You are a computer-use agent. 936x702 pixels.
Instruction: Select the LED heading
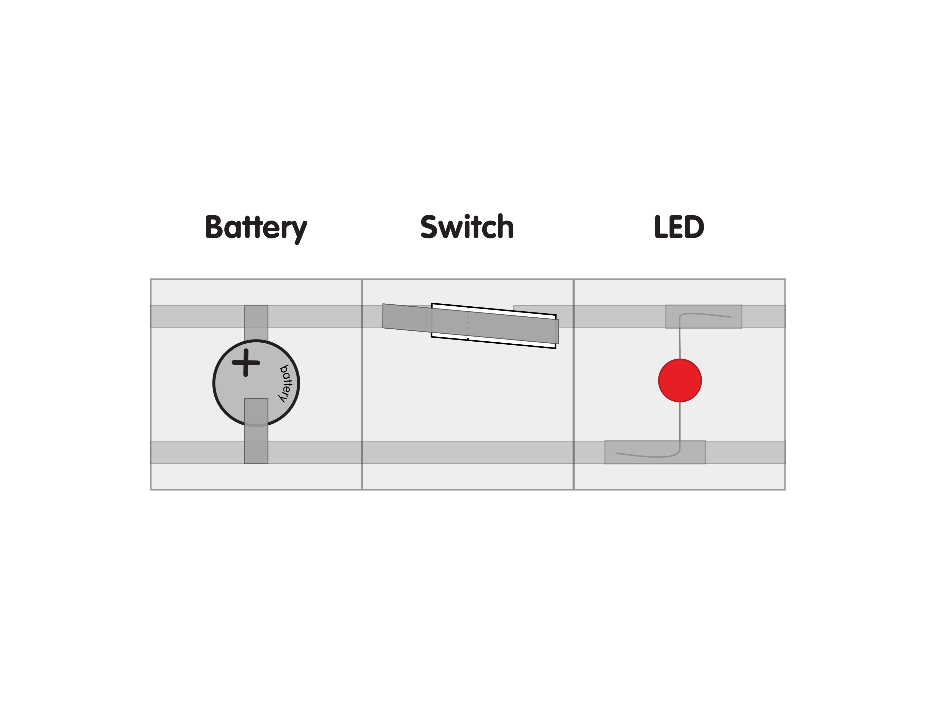(x=679, y=227)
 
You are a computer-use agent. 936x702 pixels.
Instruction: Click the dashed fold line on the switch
(x=468, y=323)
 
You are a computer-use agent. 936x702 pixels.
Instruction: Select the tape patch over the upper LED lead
(x=704, y=317)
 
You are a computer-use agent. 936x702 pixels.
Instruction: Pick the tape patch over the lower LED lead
(x=655, y=452)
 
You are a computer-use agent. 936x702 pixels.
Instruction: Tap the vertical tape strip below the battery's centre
(x=256, y=431)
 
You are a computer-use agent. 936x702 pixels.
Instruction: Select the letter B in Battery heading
(x=214, y=226)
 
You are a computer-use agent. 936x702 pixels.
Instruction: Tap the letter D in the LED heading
(x=694, y=227)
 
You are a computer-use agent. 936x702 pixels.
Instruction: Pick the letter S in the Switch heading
(x=429, y=226)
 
